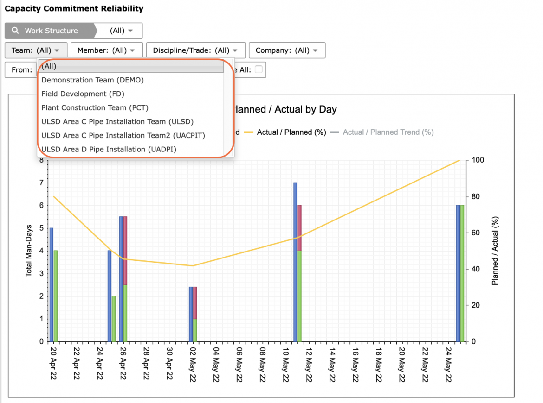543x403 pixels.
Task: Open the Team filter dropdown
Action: click(36, 50)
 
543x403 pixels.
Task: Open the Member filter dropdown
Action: click(107, 50)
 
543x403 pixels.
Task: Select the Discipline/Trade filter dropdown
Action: click(196, 50)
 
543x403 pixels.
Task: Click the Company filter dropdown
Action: click(287, 50)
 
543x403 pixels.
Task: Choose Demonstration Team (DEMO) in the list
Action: click(92, 80)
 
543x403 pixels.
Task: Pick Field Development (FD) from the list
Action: click(83, 94)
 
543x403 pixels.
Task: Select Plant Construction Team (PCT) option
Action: click(95, 107)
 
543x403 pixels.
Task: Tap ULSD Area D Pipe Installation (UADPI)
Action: click(109, 149)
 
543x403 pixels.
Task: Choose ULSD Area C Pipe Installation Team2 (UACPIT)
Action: click(123, 135)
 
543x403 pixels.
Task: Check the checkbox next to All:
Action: click(259, 69)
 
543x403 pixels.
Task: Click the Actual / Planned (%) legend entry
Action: click(285, 132)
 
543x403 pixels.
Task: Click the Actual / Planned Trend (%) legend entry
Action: click(381, 132)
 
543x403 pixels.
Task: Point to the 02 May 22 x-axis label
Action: click(193, 365)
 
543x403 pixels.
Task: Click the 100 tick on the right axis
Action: click(478, 160)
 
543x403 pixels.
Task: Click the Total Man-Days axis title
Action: click(28, 251)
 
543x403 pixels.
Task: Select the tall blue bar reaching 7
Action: click(295, 262)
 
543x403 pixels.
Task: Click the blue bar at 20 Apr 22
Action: click(52, 285)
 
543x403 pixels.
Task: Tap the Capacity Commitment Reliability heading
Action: click(74, 9)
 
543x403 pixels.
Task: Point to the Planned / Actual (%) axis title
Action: click(495, 251)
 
